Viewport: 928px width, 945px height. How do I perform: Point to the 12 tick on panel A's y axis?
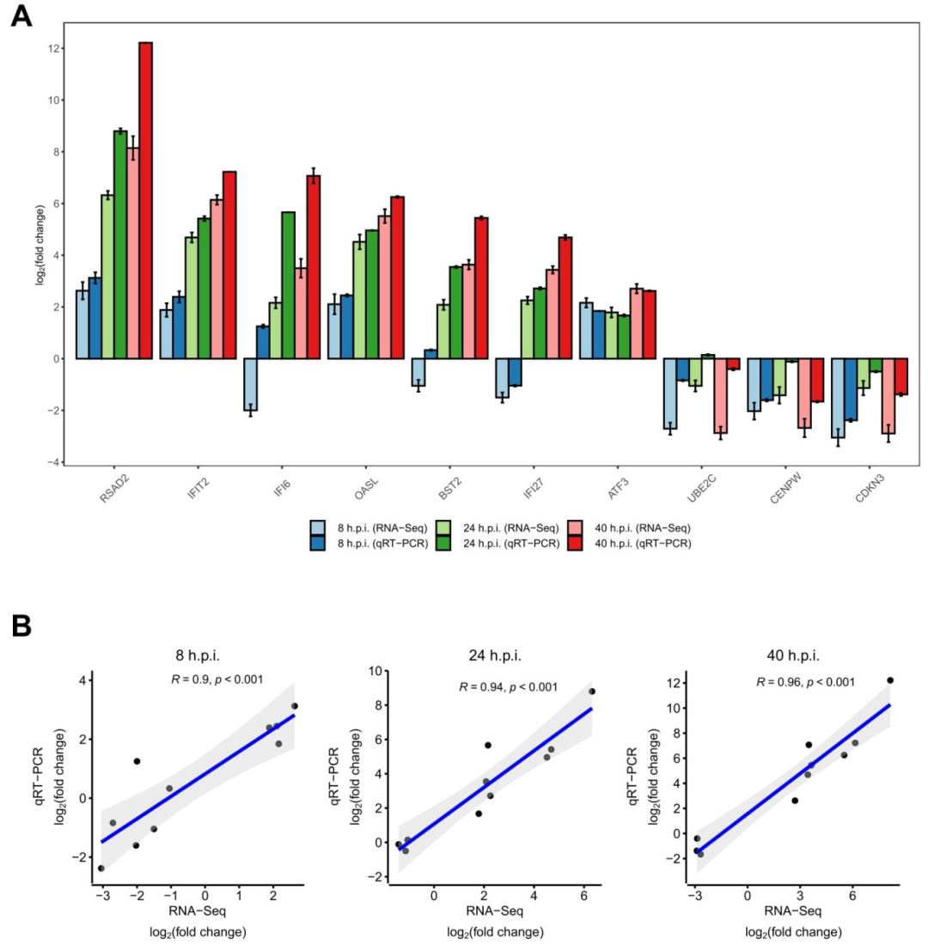54,48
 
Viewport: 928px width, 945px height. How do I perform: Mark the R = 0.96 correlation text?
805,682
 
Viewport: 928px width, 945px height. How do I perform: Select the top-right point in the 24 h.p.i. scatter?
592,691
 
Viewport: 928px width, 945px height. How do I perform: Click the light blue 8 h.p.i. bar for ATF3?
587,331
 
